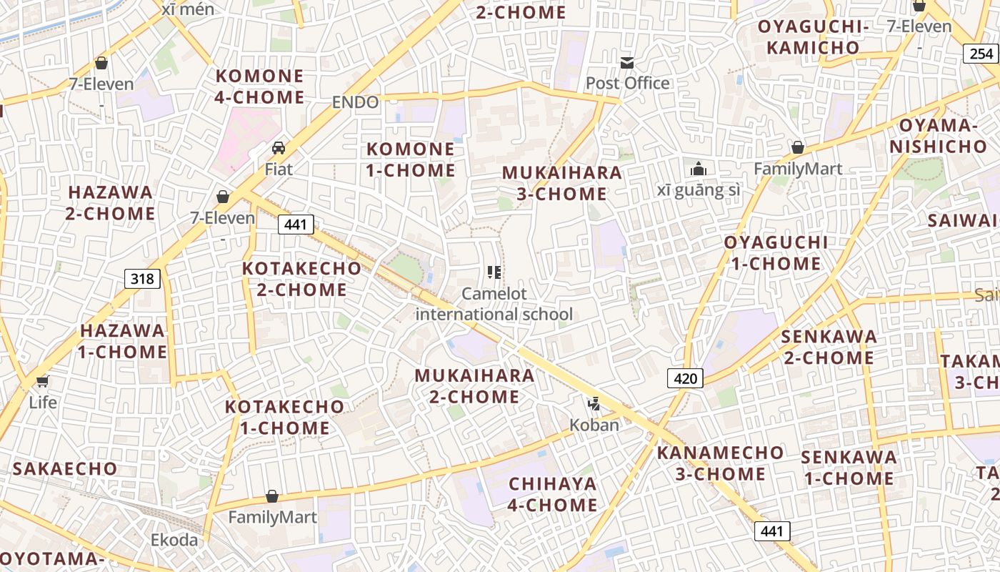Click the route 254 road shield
point(981,53)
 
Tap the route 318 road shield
point(142,278)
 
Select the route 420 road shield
point(685,378)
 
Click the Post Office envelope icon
point(627,63)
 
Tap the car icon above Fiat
point(279,148)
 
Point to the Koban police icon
point(594,404)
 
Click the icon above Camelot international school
point(494,272)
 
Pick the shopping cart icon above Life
point(42,381)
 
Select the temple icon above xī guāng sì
point(698,169)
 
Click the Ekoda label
point(174,540)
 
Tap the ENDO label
point(355,102)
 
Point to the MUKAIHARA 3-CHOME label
point(562,183)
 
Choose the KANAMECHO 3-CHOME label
point(720,463)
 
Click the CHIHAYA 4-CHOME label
point(553,494)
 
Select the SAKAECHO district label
point(65,468)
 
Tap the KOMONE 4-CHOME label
point(260,86)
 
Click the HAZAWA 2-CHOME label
point(111,202)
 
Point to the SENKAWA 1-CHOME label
point(849,468)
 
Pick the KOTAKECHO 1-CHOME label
point(284,417)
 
